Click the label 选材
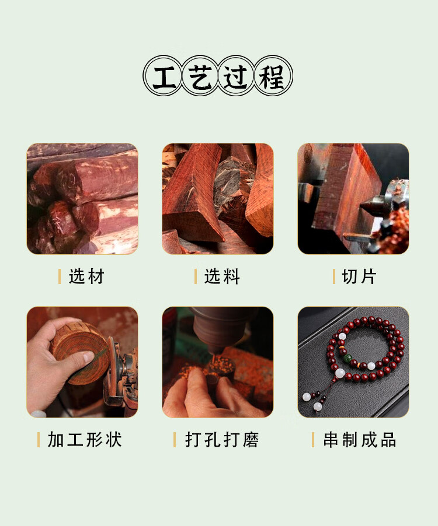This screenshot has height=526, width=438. tap(86, 276)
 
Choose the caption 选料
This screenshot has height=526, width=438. tap(222, 276)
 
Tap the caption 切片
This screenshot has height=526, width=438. tap(359, 276)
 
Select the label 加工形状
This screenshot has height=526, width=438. tap(85, 440)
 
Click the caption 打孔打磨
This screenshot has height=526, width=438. tap(222, 440)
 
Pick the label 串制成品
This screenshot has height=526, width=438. tap(360, 440)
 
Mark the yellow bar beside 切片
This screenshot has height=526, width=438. tap(333, 276)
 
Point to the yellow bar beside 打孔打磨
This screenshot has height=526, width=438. tap(175, 440)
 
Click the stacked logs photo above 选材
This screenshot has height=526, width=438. tap(82, 199)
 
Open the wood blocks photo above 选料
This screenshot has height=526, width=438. tap(218, 199)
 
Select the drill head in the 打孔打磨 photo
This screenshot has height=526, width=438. tap(218, 327)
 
